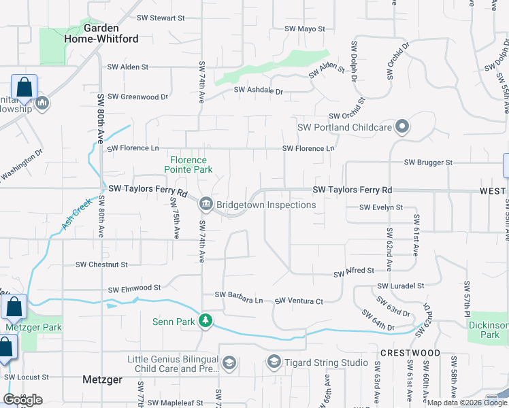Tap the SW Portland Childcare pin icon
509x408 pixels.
coord(403,126)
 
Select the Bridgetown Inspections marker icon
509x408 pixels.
coord(206,205)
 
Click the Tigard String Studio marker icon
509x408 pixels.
coord(274,362)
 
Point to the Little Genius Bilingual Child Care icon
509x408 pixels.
coord(229,363)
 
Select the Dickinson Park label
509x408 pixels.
coord(489,330)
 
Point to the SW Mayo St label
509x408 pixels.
coord(305,29)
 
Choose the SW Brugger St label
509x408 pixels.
coord(428,163)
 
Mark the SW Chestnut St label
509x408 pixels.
coord(101,264)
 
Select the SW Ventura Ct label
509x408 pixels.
coord(299,301)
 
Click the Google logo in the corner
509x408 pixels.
coord(22,399)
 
